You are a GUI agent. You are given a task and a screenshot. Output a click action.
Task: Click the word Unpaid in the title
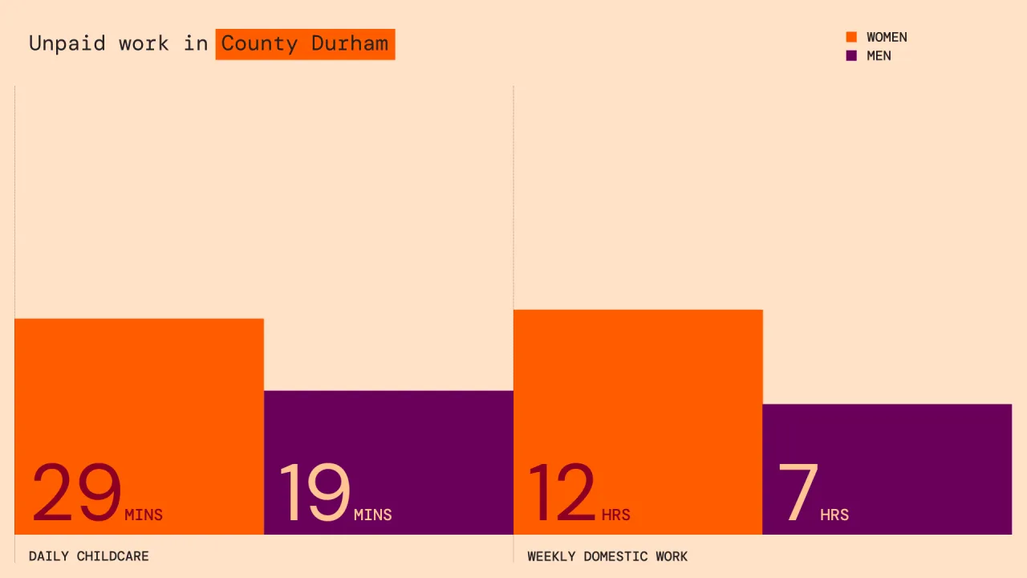click(x=67, y=44)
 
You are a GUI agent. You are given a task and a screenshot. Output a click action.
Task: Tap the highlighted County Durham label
click(x=306, y=44)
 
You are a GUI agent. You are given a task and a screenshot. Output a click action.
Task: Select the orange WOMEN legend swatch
click(x=851, y=37)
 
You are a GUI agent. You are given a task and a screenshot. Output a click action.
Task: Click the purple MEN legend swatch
click(x=851, y=55)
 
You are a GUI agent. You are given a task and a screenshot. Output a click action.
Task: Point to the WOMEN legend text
click(x=887, y=37)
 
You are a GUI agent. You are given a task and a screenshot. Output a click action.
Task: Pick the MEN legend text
click(x=879, y=56)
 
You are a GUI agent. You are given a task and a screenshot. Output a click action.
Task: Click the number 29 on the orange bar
click(x=76, y=492)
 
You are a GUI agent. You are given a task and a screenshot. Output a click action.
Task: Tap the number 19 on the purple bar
click(x=315, y=492)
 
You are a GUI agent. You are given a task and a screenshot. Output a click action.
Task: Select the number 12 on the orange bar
click(x=562, y=492)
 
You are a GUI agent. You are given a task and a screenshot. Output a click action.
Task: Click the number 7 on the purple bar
click(x=798, y=492)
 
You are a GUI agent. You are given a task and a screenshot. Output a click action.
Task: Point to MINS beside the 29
click(x=144, y=515)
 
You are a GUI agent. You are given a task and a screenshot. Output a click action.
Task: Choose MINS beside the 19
click(x=373, y=515)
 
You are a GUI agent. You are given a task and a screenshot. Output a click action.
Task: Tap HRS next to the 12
click(x=615, y=515)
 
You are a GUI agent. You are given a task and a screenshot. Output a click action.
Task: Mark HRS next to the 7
click(x=834, y=515)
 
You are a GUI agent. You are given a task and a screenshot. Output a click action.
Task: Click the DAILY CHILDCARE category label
click(x=89, y=556)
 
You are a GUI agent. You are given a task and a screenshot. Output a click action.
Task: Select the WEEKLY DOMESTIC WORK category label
click(x=607, y=556)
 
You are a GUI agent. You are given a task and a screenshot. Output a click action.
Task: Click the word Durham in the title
click(x=350, y=43)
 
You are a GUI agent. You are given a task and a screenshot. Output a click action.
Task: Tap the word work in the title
click(x=144, y=44)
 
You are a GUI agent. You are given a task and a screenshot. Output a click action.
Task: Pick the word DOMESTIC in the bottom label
click(x=615, y=556)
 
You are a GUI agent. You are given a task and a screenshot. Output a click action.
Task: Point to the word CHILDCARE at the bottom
click(x=113, y=556)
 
